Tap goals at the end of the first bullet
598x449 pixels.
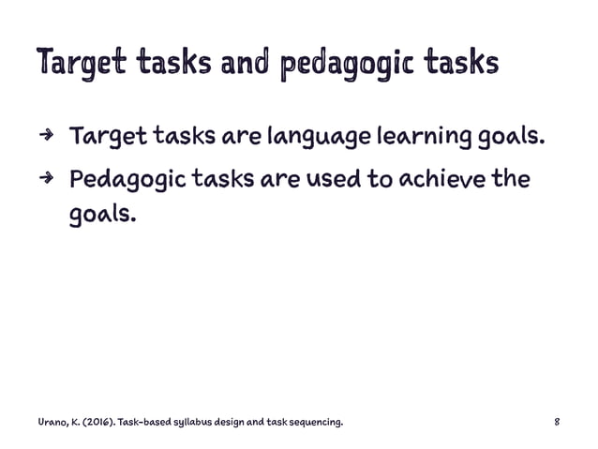pyautogui.click(x=507, y=142)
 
